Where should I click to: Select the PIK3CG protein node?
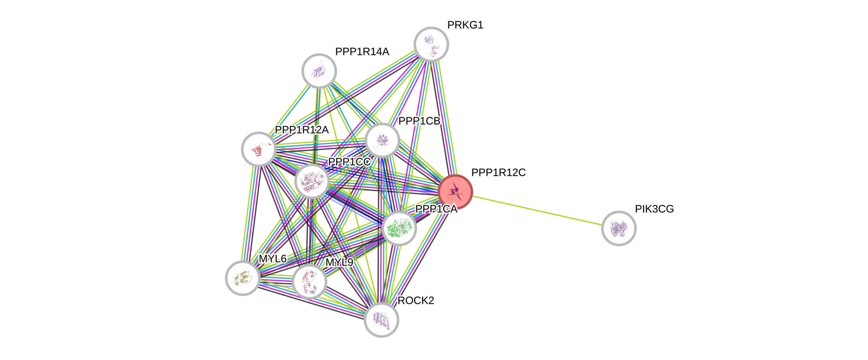coord(619,228)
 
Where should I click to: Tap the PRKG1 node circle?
coord(431,44)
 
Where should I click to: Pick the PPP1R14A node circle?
coord(319,71)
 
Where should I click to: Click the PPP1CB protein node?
coord(382,140)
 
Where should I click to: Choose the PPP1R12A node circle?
coord(259,149)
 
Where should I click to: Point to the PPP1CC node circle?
coord(312,181)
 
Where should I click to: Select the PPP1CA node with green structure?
coord(399,228)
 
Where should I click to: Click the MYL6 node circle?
coord(242,278)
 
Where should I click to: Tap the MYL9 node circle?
coord(309,282)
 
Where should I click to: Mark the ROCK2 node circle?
coord(382,319)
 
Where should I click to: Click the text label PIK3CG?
coord(654,209)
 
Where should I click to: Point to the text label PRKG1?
coord(465,25)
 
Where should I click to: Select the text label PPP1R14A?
coord(362,52)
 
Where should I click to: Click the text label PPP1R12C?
coord(498,173)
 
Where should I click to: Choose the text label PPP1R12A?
coord(302,130)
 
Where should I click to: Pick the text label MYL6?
coord(273,259)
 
